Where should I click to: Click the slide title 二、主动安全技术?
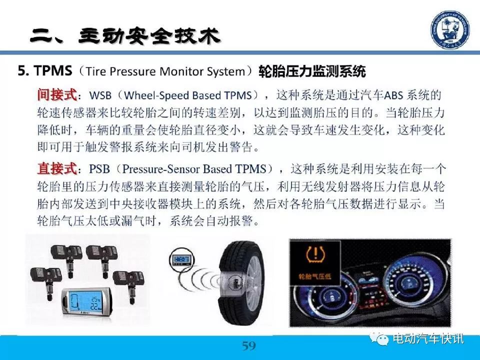(x=125, y=36)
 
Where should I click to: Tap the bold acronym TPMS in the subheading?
(x=53, y=70)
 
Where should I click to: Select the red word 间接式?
(x=57, y=94)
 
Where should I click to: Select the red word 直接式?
(x=57, y=168)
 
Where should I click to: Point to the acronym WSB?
(x=100, y=95)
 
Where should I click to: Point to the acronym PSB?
(x=99, y=169)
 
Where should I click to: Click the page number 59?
(x=249, y=346)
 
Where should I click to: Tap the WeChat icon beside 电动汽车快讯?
(x=379, y=338)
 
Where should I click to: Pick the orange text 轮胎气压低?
(x=315, y=276)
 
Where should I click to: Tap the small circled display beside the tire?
(x=182, y=260)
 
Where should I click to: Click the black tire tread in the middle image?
(x=232, y=281)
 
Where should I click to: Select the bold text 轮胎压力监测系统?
(x=312, y=71)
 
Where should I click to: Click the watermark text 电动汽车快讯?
(x=428, y=338)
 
